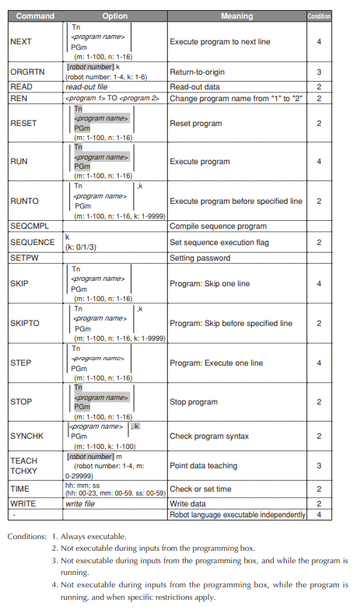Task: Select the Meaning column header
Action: [236, 16]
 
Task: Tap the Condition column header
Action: [319, 16]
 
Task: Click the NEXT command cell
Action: [21, 41]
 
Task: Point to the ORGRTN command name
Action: [26, 72]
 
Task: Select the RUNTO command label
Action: [24, 201]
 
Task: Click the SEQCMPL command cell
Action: [30, 226]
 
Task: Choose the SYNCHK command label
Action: [27, 436]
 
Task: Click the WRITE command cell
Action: [23, 504]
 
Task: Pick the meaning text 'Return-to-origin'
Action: [197, 72]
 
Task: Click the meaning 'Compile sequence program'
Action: [218, 226]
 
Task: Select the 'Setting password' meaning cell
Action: [200, 258]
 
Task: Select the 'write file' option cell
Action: [80, 504]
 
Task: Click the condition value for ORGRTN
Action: [319, 72]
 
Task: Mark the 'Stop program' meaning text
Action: [194, 401]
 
